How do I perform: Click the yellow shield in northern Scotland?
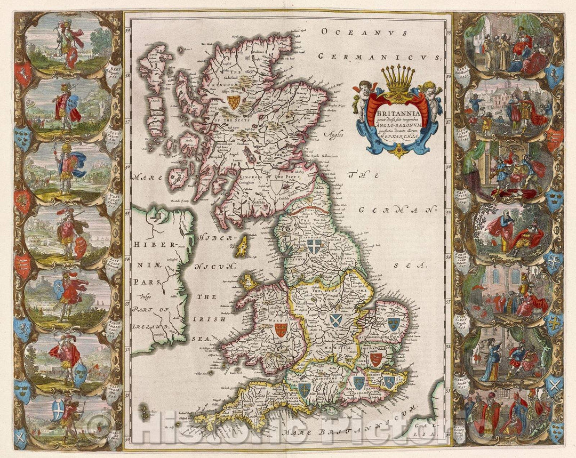pyautogui.click(x=233, y=102)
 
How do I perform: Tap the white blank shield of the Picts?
pyautogui.click(x=276, y=186)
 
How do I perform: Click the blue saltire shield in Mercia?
pyautogui.click(x=335, y=320)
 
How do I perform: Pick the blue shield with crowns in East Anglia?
pyautogui.click(x=394, y=323)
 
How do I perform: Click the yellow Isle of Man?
pyautogui.click(x=243, y=246)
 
